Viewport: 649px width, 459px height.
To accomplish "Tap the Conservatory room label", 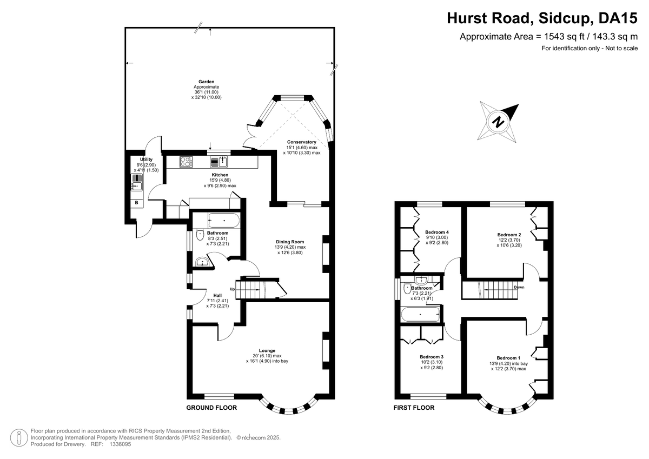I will click(302, 142).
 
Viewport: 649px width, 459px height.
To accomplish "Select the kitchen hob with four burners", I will click(186, 161).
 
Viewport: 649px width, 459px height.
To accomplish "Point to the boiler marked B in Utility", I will click(136, 203).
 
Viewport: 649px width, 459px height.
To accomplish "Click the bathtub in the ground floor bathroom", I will click(223, 221).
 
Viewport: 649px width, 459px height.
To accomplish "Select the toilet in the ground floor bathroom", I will click(200, 236).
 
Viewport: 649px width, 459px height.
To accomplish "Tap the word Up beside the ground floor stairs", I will click(233, 289).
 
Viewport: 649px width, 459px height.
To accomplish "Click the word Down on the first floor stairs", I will click(519, 288).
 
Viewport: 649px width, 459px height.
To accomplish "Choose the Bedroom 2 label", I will click(509, 235).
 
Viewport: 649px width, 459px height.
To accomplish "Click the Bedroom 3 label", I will click(432, 357).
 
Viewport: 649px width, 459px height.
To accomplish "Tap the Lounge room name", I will click(267, 350).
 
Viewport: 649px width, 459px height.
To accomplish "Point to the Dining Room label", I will click(290, 242).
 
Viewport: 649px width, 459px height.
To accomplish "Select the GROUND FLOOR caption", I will click(211, 408).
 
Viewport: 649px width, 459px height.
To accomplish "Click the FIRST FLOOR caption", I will click(413, 408).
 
